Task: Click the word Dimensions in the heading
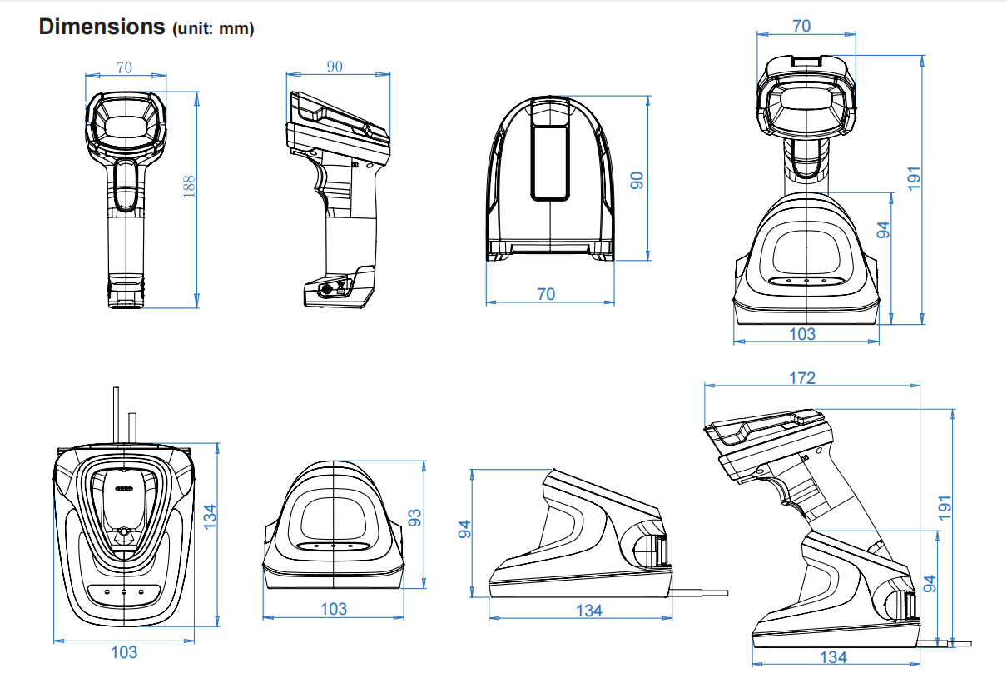pos(102,27)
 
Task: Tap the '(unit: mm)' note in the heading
pos(212,29)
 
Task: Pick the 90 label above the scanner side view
pos(335,67)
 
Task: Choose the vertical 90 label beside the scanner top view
pos(637,181)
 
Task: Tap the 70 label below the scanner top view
pos(546,294)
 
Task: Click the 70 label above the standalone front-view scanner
pos(124,67)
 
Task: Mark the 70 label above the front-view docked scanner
pos(801,26)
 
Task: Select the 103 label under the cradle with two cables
pos(124,652)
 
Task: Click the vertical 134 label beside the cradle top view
pos(210,516)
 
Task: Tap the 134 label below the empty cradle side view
pos(588,611)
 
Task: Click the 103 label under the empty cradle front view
pos(334,609)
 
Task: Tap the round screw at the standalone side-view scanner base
pos(326,289)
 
